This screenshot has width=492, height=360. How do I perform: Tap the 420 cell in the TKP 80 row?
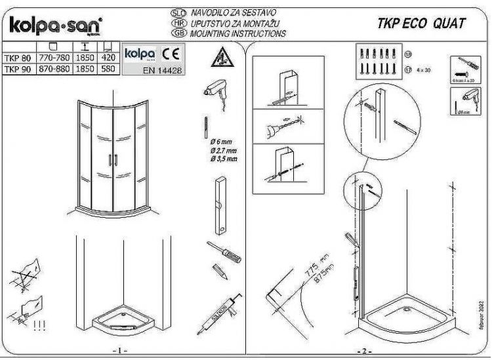tap(108, 56)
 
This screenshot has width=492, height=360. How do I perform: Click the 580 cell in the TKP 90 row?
tap(108, 67)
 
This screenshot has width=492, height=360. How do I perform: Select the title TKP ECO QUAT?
tap(422, 24)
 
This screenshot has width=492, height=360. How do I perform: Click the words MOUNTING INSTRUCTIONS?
tap(237, 33)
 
